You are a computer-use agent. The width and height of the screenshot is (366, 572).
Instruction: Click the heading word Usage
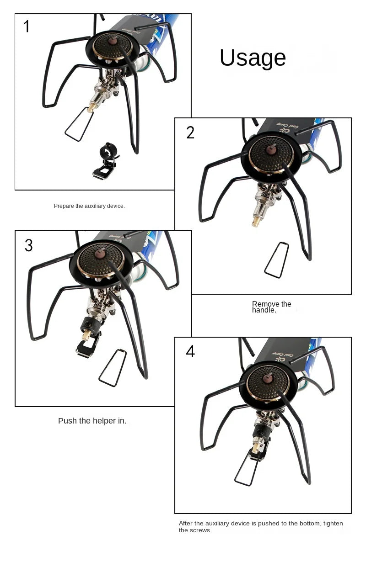253,58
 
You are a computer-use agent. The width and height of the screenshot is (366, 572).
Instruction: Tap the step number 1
27,26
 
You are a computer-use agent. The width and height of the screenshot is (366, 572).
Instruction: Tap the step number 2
190,132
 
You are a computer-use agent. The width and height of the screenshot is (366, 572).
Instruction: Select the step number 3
28,246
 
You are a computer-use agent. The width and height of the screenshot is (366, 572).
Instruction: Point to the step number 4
190,351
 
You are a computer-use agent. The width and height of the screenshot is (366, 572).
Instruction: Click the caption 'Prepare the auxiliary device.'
89,206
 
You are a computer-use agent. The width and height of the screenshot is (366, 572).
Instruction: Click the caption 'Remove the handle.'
271,307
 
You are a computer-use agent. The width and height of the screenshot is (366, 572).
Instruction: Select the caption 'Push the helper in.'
92,421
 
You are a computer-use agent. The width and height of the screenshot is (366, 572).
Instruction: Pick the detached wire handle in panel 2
276,260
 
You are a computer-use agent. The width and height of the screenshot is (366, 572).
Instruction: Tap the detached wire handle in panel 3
113,368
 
